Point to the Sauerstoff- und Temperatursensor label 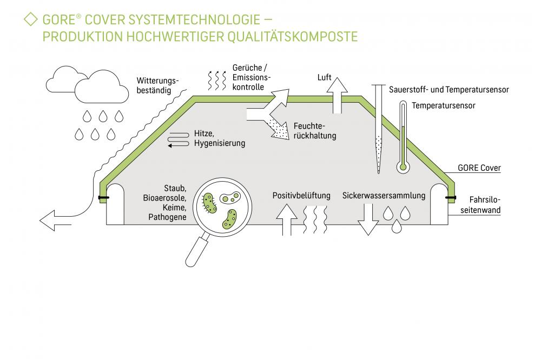click(448, 90)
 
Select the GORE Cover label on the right click(479, 168)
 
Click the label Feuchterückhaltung click(314, 131)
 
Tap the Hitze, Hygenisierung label click(219, 138)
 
